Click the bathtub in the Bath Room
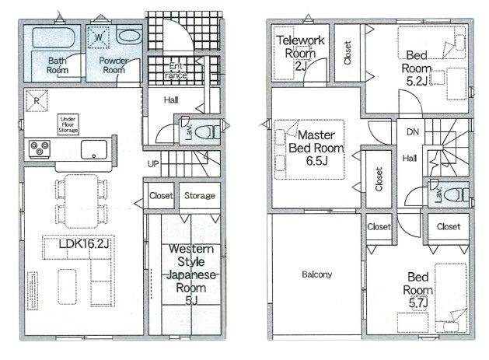pyautogui.click(x=53, y=38)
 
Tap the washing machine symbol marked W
pyautogui.click(x=98, y=37)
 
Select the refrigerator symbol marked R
pyautogui.click(x=37, y=101)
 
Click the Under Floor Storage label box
pyautogui.click(x=68, y=124)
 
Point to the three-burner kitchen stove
pyautogui.click(x=40, y=149)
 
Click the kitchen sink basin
pyautogui.click(x=94, y=149)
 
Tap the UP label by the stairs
pyautogui.click(x=153, y=164)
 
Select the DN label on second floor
pyautogui.click(x=413, y=132)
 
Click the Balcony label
pyautogui.click(x=317, y=274)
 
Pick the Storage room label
pyautogui.click(x=200, y=196)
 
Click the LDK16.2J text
pyautogui.click(x=84, y=243)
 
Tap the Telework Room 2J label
pyautogui.click(x=300, y=53)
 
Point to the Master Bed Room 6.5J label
pyautogui.click(x=316, y=148)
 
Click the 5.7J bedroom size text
pyautogui.click(x=418, y=302)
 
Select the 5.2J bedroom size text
pyautogui.click(x=417, y=81)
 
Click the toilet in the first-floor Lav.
pyautogui.click(x=207, y=132)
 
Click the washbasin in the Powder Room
pyautogui.click(x=129, y=36)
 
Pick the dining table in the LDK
pyautogui.click(x=82, y=201)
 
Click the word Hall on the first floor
pyautogui.click(x=171, y=100)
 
